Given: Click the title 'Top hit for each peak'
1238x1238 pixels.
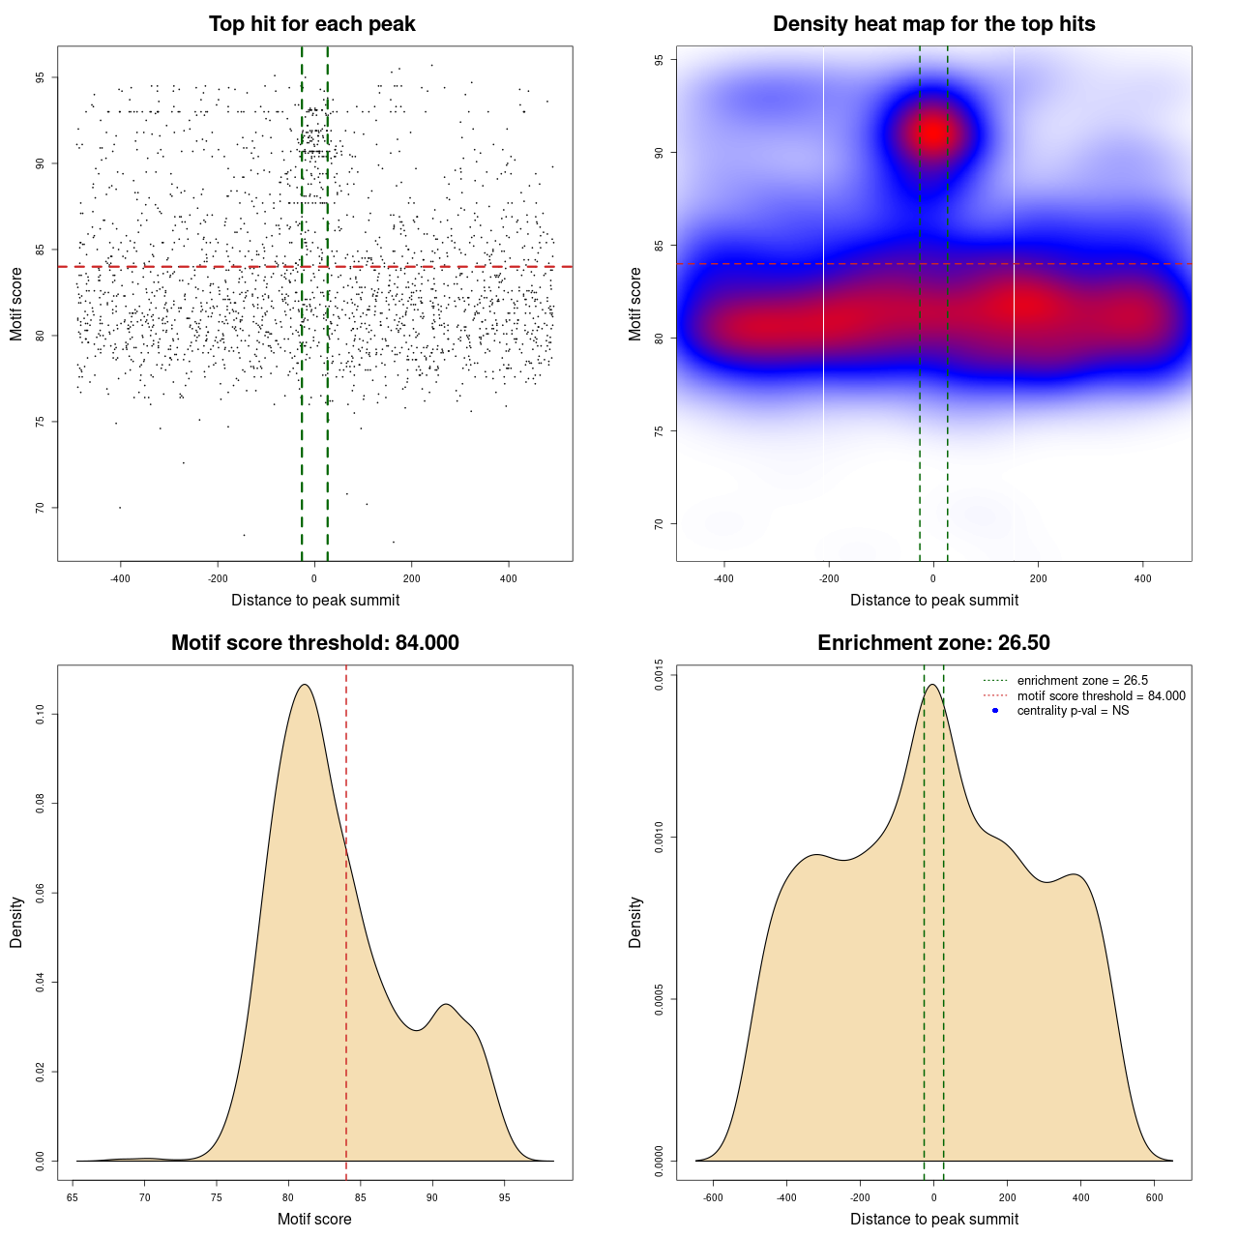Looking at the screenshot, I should tap(312, 24).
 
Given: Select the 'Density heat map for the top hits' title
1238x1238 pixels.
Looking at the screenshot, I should tap(933, 24).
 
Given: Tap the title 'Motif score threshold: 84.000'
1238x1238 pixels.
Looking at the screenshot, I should tap(314, 643).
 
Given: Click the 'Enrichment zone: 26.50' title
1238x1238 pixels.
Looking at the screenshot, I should tap(933, 643).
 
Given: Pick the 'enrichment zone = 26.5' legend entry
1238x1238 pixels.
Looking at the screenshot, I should tap(1082, 681).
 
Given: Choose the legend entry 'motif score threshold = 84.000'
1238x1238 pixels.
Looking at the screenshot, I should tap(1101, 695).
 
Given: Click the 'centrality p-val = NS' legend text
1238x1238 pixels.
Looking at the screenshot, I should tap(1073, 711).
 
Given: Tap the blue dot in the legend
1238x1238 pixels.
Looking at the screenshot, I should tap(995, 711).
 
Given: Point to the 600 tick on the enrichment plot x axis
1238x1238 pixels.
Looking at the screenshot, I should tap(1155, 1197).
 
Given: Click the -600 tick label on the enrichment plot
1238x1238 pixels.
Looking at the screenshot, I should tap(713, 1197).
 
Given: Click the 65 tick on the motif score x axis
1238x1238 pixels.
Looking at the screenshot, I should tap(74, 1197).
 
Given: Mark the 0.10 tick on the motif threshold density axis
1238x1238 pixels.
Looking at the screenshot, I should tap(40, 715).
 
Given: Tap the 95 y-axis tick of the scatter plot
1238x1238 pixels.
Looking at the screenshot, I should tap(40, 78).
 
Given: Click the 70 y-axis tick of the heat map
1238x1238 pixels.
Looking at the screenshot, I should tap(659, 524).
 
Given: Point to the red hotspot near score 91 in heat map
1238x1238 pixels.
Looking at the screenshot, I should tap(932, 132).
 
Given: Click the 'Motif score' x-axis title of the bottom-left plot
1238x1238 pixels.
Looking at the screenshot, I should tap(314, 1219).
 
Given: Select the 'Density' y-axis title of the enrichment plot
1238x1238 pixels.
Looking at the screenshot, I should tap(635, 922).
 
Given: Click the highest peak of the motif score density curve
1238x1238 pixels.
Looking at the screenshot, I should tap(305, 685).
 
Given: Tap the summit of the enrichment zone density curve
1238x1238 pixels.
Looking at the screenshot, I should tap(932, 685).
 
